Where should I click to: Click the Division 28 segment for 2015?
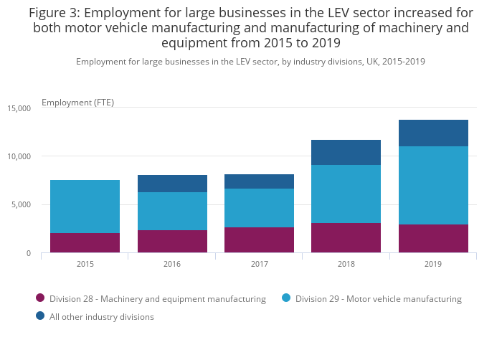(85, 242)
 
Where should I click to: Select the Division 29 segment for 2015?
(85, 207)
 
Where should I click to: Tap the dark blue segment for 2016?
(172, 184)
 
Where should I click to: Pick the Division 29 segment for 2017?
(259, 208)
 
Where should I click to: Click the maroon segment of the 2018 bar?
(346, 237)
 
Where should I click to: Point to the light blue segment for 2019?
(433, 185)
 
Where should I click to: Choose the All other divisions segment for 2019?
(433, 133)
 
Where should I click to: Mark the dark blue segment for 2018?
(346, 152)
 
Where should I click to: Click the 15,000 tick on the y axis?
(19, 108)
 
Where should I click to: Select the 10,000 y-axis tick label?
(19, 156)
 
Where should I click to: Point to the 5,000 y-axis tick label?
(22, 204)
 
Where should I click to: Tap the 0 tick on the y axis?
(28, 253)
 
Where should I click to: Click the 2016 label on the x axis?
(172, 264)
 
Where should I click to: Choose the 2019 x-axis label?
(433, 264)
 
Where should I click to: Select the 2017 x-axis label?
(259, 264)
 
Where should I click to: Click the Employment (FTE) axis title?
(77, 102)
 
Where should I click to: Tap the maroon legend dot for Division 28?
(40, 298)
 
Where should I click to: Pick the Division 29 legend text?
(378, 298)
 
